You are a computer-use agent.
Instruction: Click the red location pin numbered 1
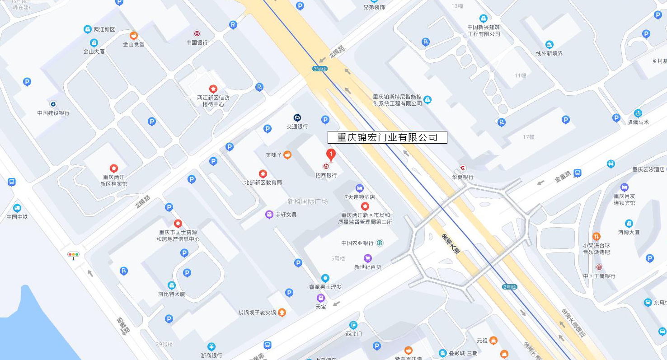pos(331,155)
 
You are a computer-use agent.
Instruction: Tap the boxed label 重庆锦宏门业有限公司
pos(387,137)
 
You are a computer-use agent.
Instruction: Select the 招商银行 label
pos(326,175)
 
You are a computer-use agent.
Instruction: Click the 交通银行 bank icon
pos(297,117)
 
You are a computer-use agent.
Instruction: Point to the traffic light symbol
pos(73,255)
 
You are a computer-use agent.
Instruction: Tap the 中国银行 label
pos(197,42)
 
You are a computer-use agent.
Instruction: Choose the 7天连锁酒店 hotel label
pos(360,197)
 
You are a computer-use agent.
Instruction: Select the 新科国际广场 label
pos(308,201)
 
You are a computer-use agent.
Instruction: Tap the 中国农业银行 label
pos(357,243)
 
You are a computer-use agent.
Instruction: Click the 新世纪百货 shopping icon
pos(368,258)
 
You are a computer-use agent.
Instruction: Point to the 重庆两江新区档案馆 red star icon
pos(114,168)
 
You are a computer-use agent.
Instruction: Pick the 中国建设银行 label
pos(53,113)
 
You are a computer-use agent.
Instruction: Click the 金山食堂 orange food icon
pos(134,35)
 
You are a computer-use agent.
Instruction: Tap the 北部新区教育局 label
pos(263,182)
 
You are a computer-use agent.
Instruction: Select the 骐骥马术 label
pos(638,122)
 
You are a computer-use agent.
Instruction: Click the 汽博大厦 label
pos(629,232)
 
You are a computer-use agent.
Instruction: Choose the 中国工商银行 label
pos(599,276)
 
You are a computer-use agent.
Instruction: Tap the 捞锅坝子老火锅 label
pos(257,313)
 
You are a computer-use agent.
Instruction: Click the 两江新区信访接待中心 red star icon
pos(213,89)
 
